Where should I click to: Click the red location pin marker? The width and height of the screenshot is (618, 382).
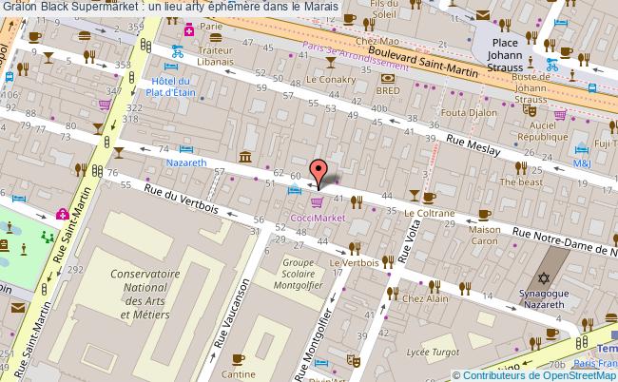pyautogui.click(x=321, y=171)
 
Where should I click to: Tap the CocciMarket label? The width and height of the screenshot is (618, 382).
pyautogui.click(x=317, y=217)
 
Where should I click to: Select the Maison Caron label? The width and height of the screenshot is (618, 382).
pyautogui.click(x=485, y=236)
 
